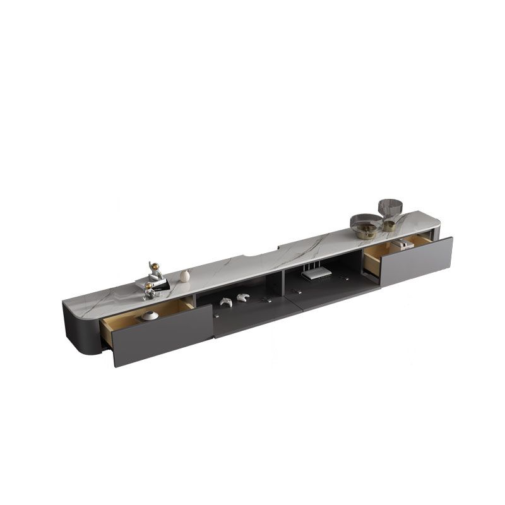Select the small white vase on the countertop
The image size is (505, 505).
click(185, 276)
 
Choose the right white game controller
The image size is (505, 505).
click(242, 296)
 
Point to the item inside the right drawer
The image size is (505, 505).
click(401, 244)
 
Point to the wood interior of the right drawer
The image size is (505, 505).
click(372, 259)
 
